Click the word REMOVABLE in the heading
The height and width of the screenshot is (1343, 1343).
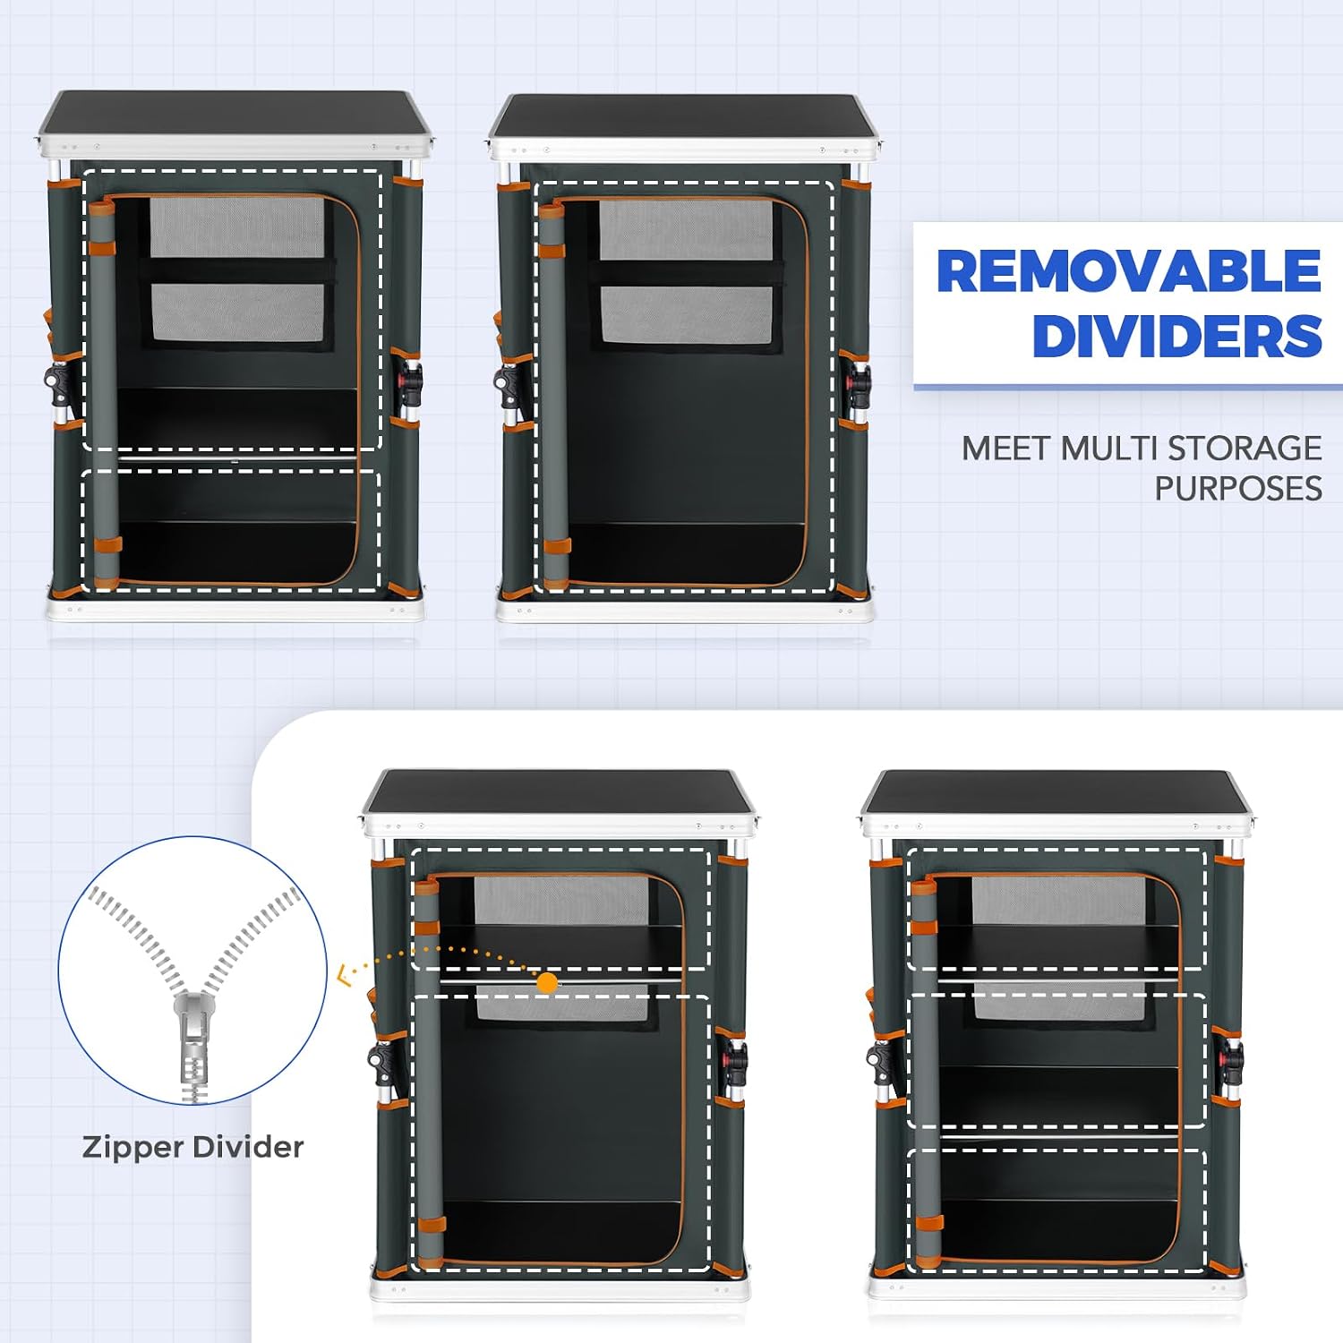coord(1128,270)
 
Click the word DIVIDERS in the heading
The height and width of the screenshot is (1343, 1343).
coord(1176,337)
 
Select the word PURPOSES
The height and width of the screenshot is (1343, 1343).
coord(1238,489)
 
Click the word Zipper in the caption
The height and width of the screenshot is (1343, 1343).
coord(133,1148)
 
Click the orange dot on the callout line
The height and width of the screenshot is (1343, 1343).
coord(547,982)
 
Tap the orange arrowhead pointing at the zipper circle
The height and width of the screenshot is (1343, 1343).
coord(344,974)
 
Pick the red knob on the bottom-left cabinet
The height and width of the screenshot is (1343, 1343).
coord(740,1059)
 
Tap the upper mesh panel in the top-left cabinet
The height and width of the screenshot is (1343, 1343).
coord(237,227)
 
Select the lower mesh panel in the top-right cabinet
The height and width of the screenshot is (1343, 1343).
coord(687,315)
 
